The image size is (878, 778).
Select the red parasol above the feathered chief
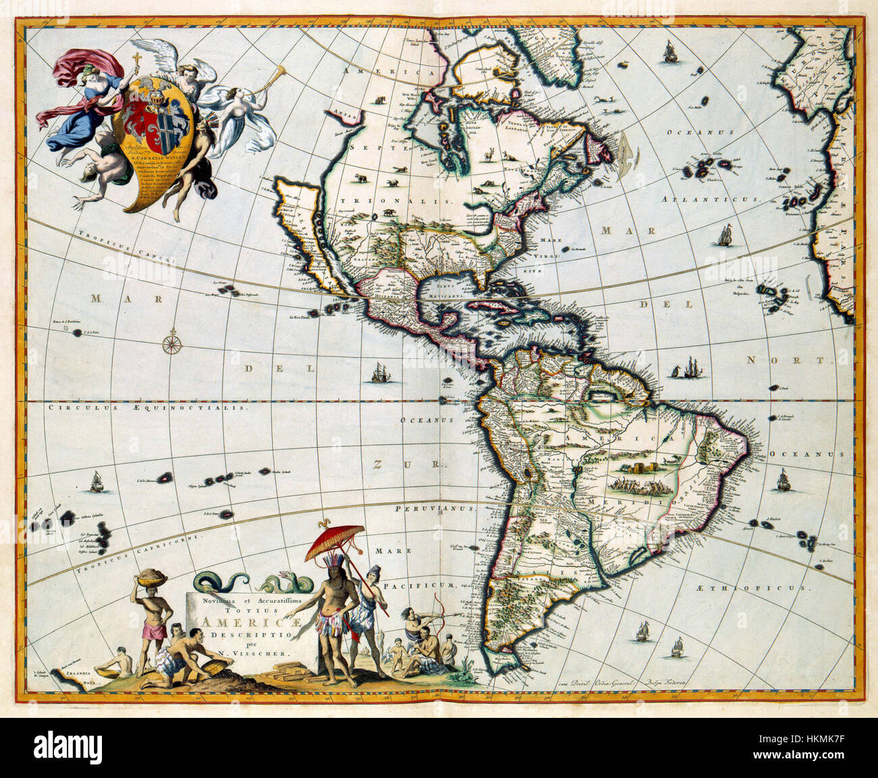tap(334, 540)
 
